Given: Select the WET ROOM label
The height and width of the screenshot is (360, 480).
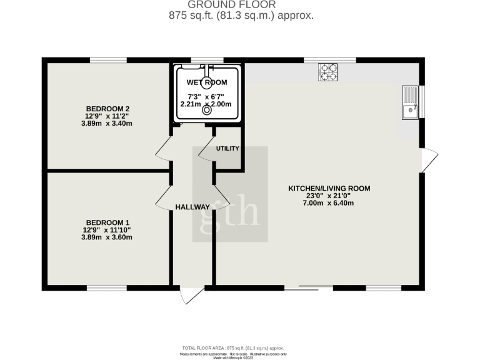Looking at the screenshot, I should (x=206, y=82).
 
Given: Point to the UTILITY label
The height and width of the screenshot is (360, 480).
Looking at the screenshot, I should (x=227, y=148).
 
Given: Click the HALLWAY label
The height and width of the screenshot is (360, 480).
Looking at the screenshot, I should (x=192, y=207).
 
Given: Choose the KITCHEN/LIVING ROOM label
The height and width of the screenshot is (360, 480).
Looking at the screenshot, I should (x=329, y=187).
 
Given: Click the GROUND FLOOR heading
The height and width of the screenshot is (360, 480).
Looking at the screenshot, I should (x=241, y=5).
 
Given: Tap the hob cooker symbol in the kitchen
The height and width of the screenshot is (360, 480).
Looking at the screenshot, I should (x=328, y=72).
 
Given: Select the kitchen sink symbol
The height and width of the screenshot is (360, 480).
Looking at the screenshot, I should (x=410, y=102).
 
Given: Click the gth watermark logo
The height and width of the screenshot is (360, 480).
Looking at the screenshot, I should (x=230, y=194).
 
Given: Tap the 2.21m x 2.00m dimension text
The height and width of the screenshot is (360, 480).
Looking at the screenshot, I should (x=206, y=104).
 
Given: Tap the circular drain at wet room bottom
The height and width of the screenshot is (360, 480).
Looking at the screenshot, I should (x=207, y=114).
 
